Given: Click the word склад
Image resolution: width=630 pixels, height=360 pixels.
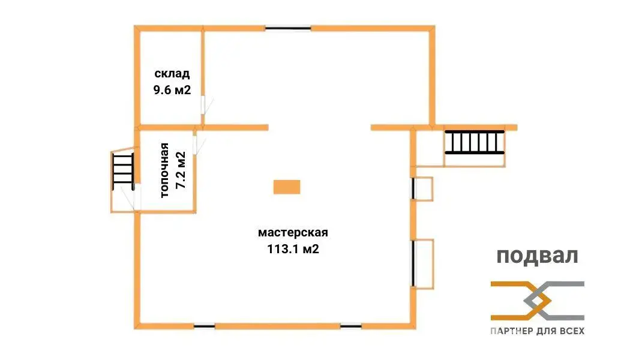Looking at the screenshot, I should [x=172, y=74].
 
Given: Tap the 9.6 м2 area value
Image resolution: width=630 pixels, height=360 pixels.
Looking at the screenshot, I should [x=172, y=90].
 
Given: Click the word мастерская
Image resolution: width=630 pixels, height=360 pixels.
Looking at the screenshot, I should [x=293, y=232].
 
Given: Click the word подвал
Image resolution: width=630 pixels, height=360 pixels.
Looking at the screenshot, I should [x=537, y=256].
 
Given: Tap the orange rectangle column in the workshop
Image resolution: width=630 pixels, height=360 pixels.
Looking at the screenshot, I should [x=286, y=187].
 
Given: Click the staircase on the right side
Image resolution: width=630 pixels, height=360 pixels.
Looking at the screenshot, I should [x=473, y=142].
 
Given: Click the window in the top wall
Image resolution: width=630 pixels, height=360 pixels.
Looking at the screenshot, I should [x=288, y=28].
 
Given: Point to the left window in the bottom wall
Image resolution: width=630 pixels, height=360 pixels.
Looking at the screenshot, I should [x=204, y=326].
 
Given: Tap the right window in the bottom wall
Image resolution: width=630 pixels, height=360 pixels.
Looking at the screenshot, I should [x=350, y=326].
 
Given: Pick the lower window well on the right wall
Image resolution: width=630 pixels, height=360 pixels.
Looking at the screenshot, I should [x=423, y=264].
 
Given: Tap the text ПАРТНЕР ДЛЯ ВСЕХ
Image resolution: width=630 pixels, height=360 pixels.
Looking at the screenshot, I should [x=537, y=331].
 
